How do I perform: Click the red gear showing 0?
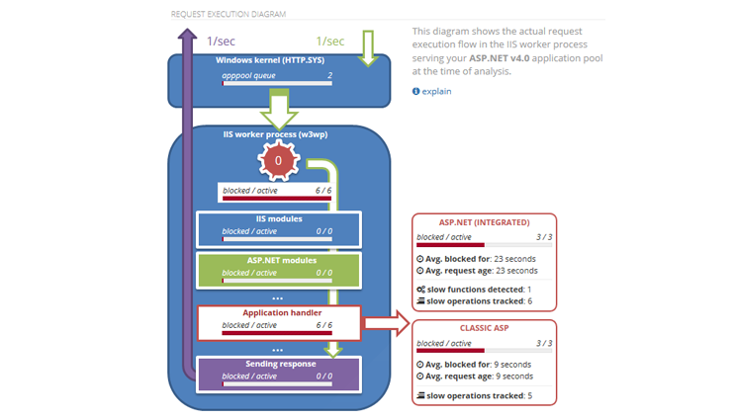tap(278, 159)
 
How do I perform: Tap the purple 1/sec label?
tap(220, 42)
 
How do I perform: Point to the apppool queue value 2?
tap(329, 75)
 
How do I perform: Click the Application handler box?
tap(278, 320)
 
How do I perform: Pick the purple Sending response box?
tap(278, 372)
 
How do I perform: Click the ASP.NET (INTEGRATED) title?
tap(484, 222)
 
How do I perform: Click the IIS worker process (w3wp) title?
tap(278, 134)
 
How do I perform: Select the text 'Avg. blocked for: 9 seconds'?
tap(474, 364)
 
